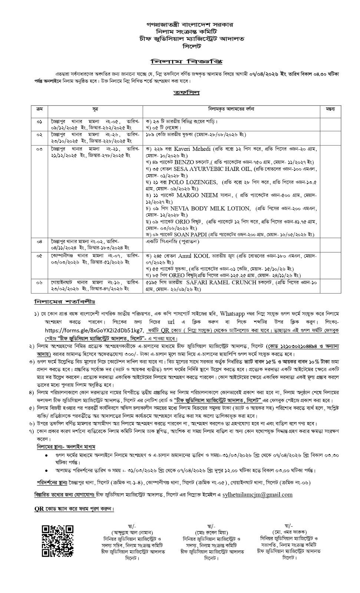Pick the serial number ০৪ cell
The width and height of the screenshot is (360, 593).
[40, 241]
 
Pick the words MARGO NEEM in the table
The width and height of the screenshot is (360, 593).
[197, 195]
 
